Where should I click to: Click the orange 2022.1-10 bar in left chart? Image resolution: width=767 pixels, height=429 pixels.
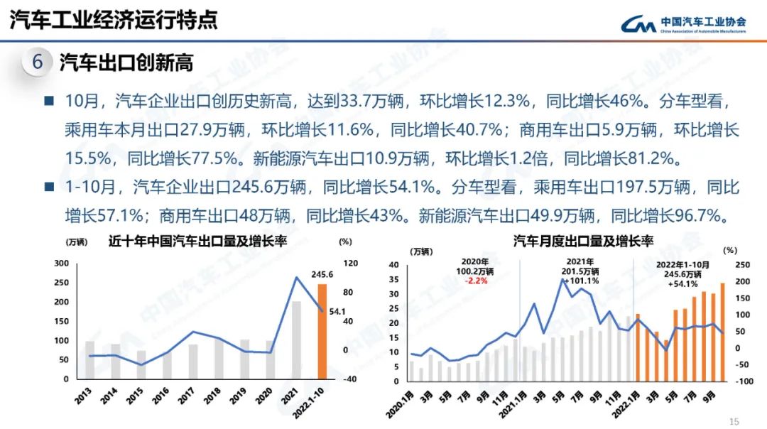(x=322, y=331)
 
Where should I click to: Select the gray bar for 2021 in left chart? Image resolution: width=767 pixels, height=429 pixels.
(x=296, y=340)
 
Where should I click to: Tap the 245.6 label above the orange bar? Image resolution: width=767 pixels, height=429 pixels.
(x=322, y=276)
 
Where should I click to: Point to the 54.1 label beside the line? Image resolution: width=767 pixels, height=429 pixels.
(x=337, y=310)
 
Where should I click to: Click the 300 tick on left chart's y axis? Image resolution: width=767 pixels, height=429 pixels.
(x=62, y=264)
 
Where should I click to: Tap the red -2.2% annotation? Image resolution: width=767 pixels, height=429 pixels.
(x=476, y=281)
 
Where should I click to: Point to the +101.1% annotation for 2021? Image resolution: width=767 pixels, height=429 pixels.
(x=581, y=281)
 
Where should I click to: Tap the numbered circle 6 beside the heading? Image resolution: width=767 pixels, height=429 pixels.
(x=38, y=63)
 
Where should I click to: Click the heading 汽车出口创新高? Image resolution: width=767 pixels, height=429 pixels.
(x=126, y=63)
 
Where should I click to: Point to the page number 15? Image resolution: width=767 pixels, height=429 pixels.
(x=734, y=420)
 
